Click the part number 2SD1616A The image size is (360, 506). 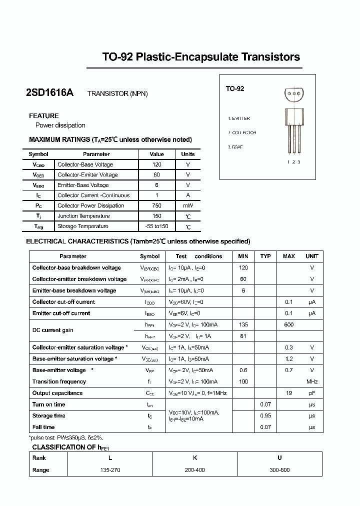tap(49, 93)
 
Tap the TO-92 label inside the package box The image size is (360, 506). tap(234, 88)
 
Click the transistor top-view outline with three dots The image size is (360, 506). tap(294, 93)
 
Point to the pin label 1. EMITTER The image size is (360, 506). tap(238, 118)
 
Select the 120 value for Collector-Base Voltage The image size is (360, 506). tap(157, 164)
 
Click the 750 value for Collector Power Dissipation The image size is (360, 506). tap(157, 205)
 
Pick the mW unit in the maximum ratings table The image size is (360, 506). tap(188, 205)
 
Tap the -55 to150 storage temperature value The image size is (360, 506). tap(157, 226)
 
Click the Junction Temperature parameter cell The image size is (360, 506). tap(83, 216)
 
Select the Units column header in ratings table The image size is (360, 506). tap(188, 154)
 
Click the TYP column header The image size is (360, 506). tap(265, 256)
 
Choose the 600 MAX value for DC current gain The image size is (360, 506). tap(288, 324)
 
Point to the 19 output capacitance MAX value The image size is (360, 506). tap(288, 393)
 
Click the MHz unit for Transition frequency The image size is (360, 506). tap(312, 381)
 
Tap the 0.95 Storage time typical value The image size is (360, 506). tap(265, 415)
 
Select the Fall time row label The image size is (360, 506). tap(43, 427)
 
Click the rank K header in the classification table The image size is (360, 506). tap(194, 457)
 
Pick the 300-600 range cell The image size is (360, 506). tap(279, 470)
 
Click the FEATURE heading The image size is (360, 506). tap(44, 115)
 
